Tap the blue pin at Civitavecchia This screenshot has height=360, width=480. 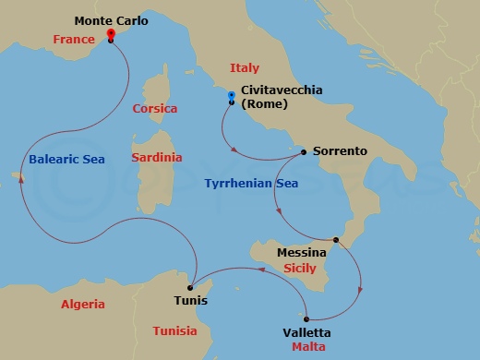tap(231, 97)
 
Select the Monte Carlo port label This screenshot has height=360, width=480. tap(110, 20)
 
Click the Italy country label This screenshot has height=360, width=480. tap(245, 68)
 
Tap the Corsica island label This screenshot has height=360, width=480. tap(155, 108)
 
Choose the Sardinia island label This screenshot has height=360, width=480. tap(157, 159)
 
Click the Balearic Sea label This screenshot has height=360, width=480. tap(66, 159)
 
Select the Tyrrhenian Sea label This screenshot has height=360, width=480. tap(251, 184)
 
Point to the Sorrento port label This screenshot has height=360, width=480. tap(341, 150)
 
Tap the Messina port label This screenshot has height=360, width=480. tap(302, 252)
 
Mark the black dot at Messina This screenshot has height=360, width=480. tap(336, 241)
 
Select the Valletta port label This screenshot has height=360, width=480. tap(306, 332)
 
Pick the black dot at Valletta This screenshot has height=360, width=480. tap(307, 318)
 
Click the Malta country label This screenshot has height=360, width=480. tap(307, 347)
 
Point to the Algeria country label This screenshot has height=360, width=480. tap(83, 304)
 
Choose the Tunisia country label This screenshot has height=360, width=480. tap(174, 331)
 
